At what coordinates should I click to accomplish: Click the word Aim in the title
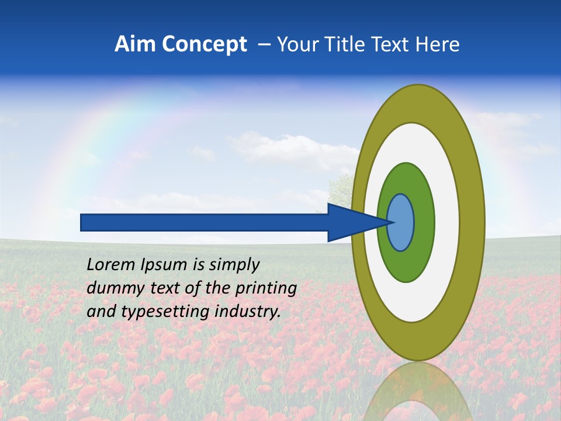[135, 44]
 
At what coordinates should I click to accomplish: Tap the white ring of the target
[447, 222]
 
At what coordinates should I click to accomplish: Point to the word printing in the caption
[266, 288]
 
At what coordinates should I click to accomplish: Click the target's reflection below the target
[418, 392]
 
